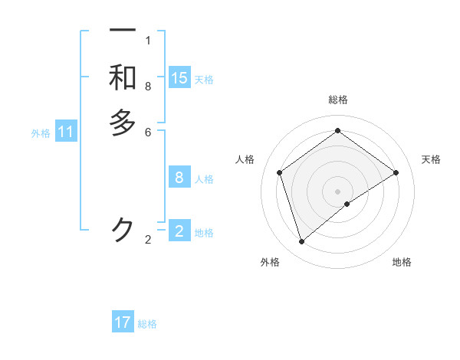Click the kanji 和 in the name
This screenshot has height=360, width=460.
point(123,78)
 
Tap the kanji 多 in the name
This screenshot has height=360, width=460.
point(123,123)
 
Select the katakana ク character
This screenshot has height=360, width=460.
point(123,228)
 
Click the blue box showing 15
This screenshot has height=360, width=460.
point(179,78)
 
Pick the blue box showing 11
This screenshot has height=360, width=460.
point(66,133)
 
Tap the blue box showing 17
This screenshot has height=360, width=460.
point(123,322)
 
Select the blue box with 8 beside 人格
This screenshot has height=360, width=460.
point(179,178)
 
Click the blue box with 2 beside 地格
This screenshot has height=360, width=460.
point(179,231)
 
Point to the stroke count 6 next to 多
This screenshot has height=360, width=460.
point(148,132)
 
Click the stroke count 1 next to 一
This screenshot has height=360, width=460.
point(148,41)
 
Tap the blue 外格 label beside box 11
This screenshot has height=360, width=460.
point(41,133)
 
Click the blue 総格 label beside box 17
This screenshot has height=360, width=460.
point(147,324)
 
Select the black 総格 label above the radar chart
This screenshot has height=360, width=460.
point(338,100)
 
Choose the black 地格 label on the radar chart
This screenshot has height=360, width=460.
point(402,262)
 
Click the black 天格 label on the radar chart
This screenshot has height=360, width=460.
point(431,159)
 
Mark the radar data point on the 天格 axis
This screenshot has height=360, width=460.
point(396,172)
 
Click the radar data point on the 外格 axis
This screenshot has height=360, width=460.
point(302,242)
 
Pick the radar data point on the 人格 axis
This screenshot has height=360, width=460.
point(280,172)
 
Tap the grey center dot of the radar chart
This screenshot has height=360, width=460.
point(338,191)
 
